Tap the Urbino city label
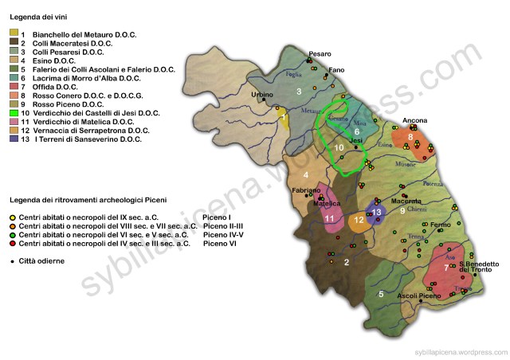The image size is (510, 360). pos(262,95)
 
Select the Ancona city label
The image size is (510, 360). pos(414,120)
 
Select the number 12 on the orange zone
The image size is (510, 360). pos(359,220)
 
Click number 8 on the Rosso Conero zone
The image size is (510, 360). pos(410,138)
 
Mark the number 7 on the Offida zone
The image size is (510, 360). pos(445,268)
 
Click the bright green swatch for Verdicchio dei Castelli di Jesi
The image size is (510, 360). pos(14,111)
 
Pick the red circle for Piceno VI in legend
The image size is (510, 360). pos(13,244)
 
